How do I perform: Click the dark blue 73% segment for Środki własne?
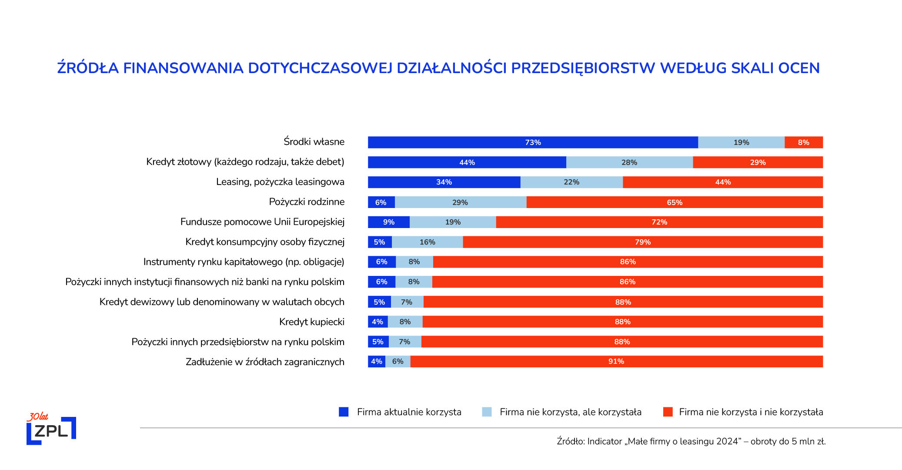tap(533, 142)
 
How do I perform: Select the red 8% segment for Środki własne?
tap(803, 142)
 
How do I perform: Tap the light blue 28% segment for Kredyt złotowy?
tap(629, 162)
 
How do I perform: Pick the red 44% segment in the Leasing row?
tap(722, 182)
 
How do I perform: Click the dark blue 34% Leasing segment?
tap(444, 182)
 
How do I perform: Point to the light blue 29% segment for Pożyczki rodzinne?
tap(460, 202)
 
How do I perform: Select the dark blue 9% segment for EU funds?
tap(388, 222)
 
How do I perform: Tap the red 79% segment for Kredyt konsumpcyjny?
tap(642, 242)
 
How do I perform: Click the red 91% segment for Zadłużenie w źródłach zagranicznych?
tap(616, 361)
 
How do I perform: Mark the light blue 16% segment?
tap(427, 242)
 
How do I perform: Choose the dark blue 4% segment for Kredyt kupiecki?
tap(377, 322)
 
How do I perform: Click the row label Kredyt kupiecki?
tap(311, 322)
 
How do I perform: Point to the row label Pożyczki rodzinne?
tap(306, 202)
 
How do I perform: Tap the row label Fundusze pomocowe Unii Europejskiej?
tap(262, 222)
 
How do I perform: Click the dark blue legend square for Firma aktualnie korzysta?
tap(344, 412)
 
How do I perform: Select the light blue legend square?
tap(487, 412)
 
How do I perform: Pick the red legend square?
tap(668, 412)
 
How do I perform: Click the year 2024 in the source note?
tap(727, 441)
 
